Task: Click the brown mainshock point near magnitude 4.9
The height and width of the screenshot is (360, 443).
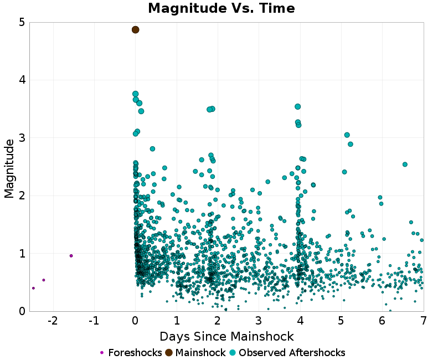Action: (x=135, y=29)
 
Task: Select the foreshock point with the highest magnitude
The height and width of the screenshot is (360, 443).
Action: (x=71, y=255)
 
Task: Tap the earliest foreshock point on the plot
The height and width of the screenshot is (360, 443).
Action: (x=33, y=288)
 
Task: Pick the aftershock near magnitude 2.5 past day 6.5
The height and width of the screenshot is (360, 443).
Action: (x=405, y=164)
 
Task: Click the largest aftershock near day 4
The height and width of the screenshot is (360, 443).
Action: (x=297, y=106)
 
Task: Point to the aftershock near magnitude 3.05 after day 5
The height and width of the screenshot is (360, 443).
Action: (x=347, y=135)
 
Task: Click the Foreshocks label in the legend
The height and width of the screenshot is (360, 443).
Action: (x=135, y=353)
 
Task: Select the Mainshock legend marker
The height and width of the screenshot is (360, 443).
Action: (x=168, y=353)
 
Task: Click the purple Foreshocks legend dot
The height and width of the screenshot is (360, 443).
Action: (x=102, y=353)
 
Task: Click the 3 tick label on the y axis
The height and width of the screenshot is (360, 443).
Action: (x=21, y=138)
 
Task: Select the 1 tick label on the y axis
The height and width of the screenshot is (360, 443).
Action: (x=21, y=254)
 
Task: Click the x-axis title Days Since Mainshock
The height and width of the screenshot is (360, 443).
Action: (x=226, y=336)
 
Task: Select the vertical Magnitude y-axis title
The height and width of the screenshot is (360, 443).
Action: (x=9, y=168)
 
